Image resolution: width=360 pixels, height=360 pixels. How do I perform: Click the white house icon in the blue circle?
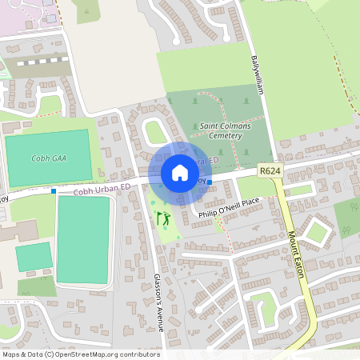[179, 173]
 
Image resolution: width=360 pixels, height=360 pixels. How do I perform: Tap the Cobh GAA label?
[50, 158]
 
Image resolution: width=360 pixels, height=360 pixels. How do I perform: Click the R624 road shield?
[269, 170]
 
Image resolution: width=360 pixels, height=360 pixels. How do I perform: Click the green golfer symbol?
[163, 218]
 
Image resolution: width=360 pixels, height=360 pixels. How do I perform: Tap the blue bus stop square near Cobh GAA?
[54, 191]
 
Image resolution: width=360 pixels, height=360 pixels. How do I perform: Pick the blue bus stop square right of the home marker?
[210, 182]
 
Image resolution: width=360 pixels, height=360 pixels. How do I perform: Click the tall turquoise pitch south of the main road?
[82, 238]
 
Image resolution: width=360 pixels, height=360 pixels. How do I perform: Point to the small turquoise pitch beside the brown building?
[34, 257]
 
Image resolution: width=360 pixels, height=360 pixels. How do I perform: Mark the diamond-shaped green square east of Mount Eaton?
[318, 233]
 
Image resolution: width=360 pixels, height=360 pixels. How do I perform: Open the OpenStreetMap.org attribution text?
[80, 354]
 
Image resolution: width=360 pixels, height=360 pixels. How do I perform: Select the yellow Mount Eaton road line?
[298, 264]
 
